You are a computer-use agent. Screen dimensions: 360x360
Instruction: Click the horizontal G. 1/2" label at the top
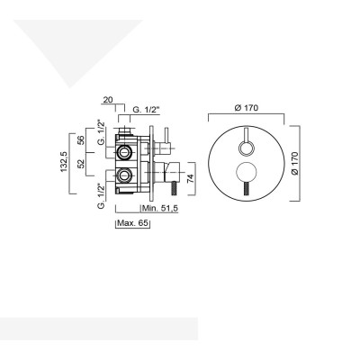[x=145, y=111]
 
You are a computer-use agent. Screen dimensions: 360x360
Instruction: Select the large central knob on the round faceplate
[x=247, y=173]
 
